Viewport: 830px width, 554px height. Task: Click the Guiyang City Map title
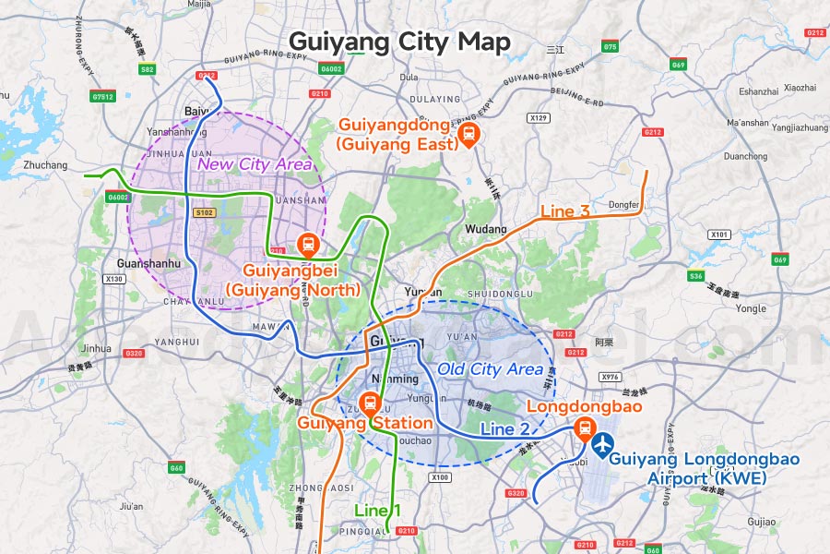click(398, 42)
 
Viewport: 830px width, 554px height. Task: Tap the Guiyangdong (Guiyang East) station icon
click(468, 136)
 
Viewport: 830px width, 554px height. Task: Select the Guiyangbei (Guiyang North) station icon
click(307, 245)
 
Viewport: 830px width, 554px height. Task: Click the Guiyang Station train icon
click(370, 403)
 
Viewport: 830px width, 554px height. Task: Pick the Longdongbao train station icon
click(584, 428)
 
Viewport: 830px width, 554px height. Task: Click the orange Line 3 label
click(564, 211)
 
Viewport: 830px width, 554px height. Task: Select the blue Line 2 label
click(504, 428)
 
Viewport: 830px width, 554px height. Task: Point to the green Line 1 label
click(378, 510)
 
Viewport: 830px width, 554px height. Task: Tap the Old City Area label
click(490, 369)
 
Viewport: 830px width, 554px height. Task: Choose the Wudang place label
click(486, 228)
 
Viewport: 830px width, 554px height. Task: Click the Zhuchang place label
click(46, 165)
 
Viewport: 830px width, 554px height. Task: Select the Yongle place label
click(752, 308)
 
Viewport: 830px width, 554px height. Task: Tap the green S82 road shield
click(147, 69)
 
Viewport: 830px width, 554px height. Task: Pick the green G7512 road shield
click(103, 96)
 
